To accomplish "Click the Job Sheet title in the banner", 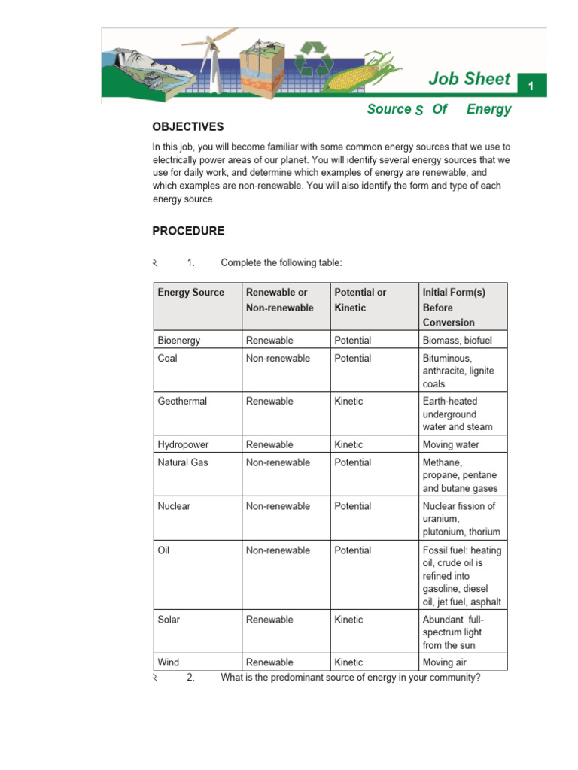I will [469, 79].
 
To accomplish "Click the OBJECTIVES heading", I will [187, 127].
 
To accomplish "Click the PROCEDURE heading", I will [188, 231].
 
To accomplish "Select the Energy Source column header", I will [190, 292].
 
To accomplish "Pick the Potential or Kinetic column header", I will [360, 299].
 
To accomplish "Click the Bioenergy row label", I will [179, 341].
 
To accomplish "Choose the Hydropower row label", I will [182, 445].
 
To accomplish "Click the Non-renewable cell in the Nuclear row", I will [278, 506].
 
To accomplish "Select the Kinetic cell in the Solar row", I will [348, 620].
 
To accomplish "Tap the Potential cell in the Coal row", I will [352, 359].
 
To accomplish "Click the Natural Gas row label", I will [182, 462].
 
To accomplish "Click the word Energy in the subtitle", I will [488, 109].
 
